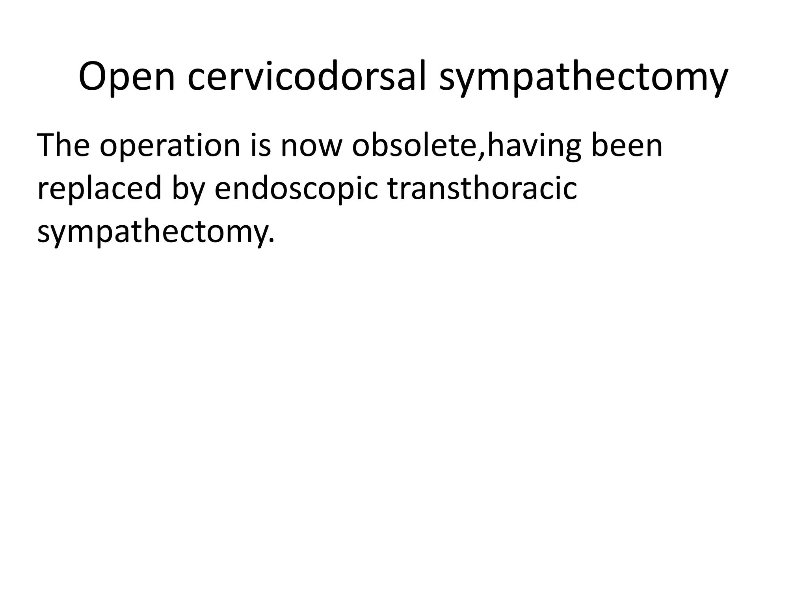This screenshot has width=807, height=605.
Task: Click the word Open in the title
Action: click(x=126, y=77)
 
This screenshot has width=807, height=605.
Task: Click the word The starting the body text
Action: click(x=63, y=145)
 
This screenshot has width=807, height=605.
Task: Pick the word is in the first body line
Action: click(x=260, y=145)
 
